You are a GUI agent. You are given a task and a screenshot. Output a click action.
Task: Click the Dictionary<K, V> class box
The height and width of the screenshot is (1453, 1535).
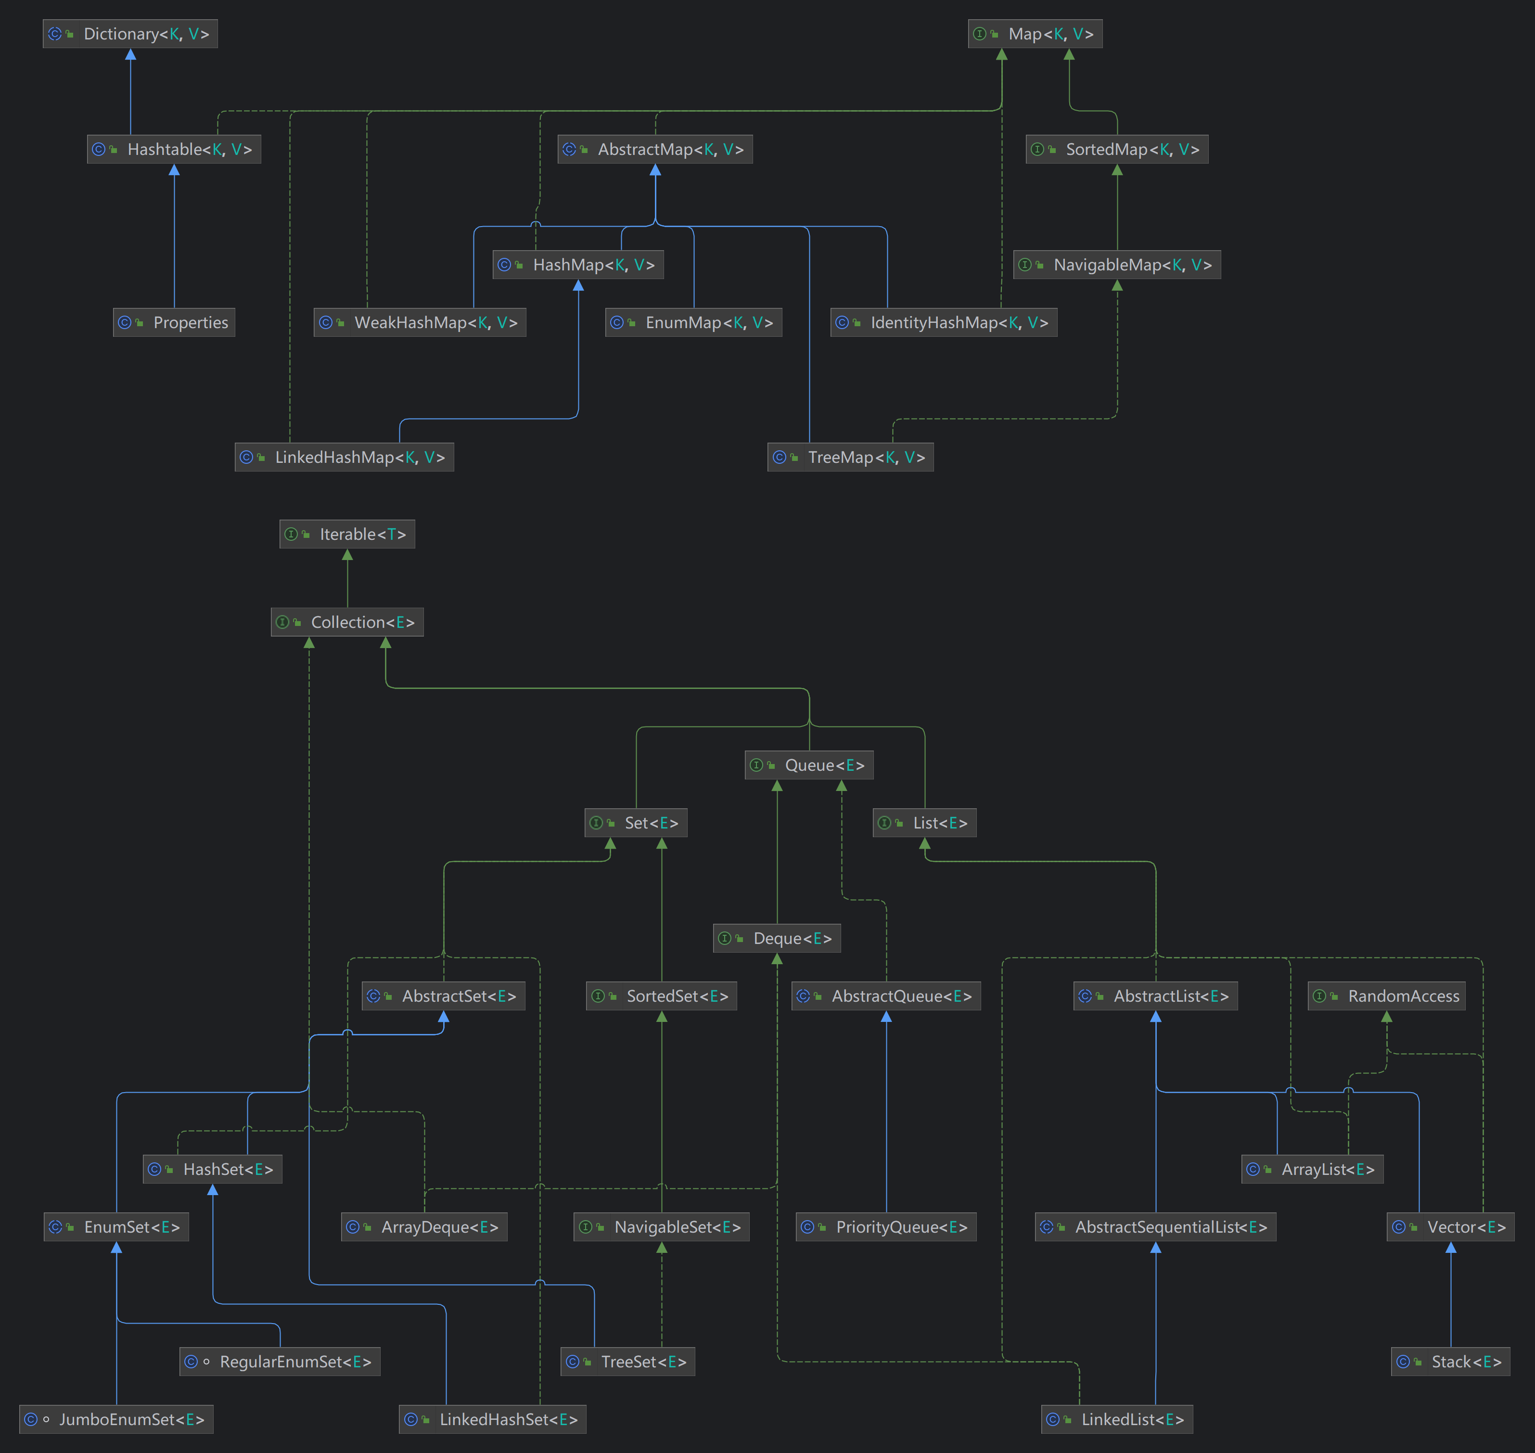coord(130,34)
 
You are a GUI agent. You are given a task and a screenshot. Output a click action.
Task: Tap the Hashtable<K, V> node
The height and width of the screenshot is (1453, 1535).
coord(174,150)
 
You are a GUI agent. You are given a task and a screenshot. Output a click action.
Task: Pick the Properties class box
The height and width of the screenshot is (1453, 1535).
coord(174,322)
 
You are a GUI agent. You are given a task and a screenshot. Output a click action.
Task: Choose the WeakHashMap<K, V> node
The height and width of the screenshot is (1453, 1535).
coord(420,322)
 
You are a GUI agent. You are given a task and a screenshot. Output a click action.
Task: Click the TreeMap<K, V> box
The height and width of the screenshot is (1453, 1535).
coord(850,457)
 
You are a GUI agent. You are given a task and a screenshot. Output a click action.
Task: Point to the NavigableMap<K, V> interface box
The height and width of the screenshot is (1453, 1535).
coord(1117,265)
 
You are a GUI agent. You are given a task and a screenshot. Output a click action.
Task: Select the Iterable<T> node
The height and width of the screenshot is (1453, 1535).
coord(347,535)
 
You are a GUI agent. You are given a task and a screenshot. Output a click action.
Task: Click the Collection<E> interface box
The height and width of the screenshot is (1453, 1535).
coord(347,622)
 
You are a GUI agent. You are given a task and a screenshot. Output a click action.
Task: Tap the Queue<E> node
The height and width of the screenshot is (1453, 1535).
coord(809,765)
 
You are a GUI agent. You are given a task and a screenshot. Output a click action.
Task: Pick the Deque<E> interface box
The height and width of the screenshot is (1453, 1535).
coord(777,939)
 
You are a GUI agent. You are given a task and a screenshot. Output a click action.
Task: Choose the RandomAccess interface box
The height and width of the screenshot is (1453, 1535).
coord(1386,996)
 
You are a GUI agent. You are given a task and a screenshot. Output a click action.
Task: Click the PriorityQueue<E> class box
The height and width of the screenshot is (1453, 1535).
coord(886,1227)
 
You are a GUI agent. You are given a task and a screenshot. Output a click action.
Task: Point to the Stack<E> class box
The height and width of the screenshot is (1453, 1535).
coord(1451,1362)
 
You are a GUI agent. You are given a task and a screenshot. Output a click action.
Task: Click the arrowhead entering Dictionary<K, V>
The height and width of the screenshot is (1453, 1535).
coord(130,55)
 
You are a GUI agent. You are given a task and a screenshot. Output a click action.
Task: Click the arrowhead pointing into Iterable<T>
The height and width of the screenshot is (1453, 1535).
coord(347,555)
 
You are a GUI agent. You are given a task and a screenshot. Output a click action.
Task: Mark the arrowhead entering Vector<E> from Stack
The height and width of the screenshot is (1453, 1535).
coord(1451,1248)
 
